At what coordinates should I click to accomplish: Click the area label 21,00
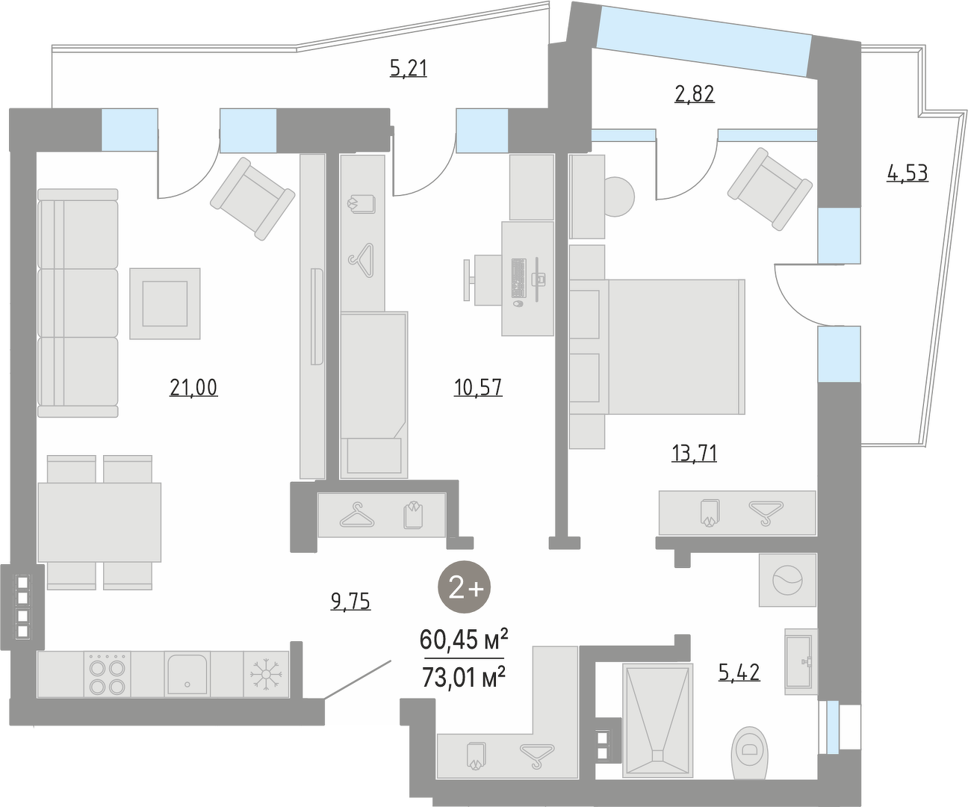193,388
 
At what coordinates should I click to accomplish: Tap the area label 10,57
478,387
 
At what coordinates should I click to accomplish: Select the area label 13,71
694,453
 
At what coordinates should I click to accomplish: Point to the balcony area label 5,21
408,68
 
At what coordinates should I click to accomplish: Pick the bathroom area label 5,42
739,672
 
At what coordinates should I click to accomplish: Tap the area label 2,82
694,94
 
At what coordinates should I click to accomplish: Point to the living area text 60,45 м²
464,640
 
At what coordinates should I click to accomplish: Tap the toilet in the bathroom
750,752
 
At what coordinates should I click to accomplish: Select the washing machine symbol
788,580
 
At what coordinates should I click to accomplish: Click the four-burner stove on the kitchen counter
107,674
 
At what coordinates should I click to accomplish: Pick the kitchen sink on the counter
187,674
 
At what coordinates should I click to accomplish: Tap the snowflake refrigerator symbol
266,674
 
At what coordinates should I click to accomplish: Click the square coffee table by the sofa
165,304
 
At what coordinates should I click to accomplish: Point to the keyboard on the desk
518,278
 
